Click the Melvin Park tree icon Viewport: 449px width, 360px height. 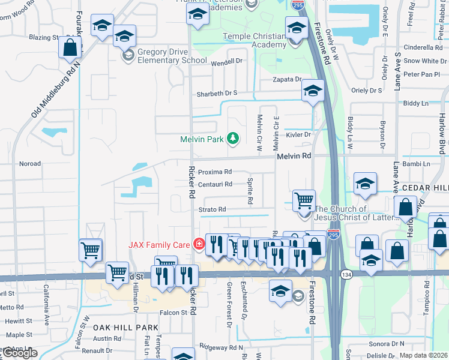(232, 139)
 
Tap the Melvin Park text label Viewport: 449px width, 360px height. (202, 139)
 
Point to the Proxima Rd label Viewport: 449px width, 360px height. (215, 172)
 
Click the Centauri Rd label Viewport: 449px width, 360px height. (215, 184)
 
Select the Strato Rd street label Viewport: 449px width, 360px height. (212, 209)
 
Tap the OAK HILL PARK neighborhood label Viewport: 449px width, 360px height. (125, 327)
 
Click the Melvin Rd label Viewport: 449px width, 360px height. (294, 156)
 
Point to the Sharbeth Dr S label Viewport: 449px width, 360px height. (217, 93)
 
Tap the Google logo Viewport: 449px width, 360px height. (20, 353)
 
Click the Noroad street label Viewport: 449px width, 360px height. (30, 163)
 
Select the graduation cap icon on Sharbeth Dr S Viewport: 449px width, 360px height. (312, 91)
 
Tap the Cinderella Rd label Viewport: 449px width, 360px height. (423, 47)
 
